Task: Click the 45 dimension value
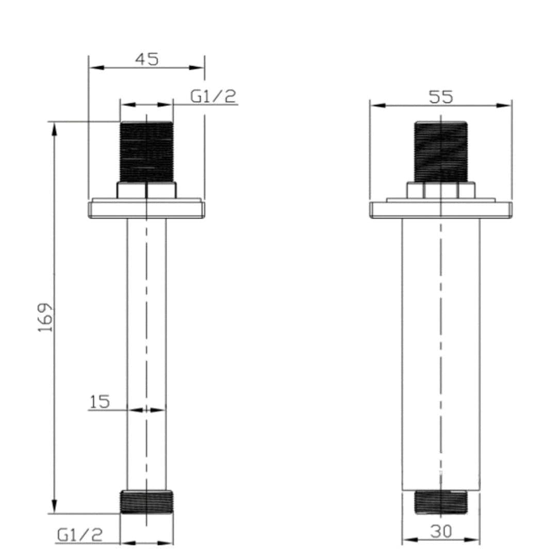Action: tap(147, 59)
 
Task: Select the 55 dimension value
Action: tap(440, 96)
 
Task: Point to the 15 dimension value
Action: tap(100, 402)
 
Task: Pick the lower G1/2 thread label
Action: tap(79, 535)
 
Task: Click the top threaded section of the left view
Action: tap(146, 152)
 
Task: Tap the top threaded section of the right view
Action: tap(441, 152)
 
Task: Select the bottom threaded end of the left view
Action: tap(146, 502)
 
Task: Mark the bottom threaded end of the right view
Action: tap(441, 502)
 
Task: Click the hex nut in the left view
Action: tap(146, 190)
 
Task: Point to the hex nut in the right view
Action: tap(441, 190)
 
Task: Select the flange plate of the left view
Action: tap(146, 209)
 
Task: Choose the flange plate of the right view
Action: tap(441, 209)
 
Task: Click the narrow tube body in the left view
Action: tap(146, 351)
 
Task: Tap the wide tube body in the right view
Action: tap(441, 351)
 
